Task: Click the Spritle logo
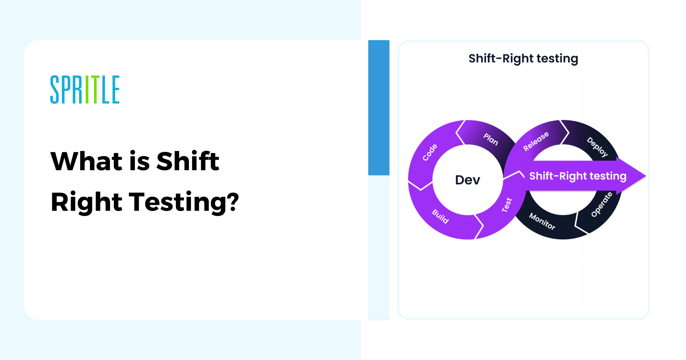[x=85, y=89]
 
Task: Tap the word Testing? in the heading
[x=184, y=202]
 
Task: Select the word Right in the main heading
[x=86, y=202]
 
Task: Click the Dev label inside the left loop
[x=467, y=180]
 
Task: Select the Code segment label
[x=430, y=152]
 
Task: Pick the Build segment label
[x=440, y=216]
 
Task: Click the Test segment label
[x=507, y=205]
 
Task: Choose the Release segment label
[x=536, y=141]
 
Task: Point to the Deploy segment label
[x=598, y=147]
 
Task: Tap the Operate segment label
[x=602, y=204]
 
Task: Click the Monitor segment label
[x=542, y=221]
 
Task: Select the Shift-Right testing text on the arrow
[x=577, y=176]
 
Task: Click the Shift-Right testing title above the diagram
[x=523, y=59]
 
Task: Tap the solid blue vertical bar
[x=379, y=107]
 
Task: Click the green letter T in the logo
[x=95, y=89]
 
